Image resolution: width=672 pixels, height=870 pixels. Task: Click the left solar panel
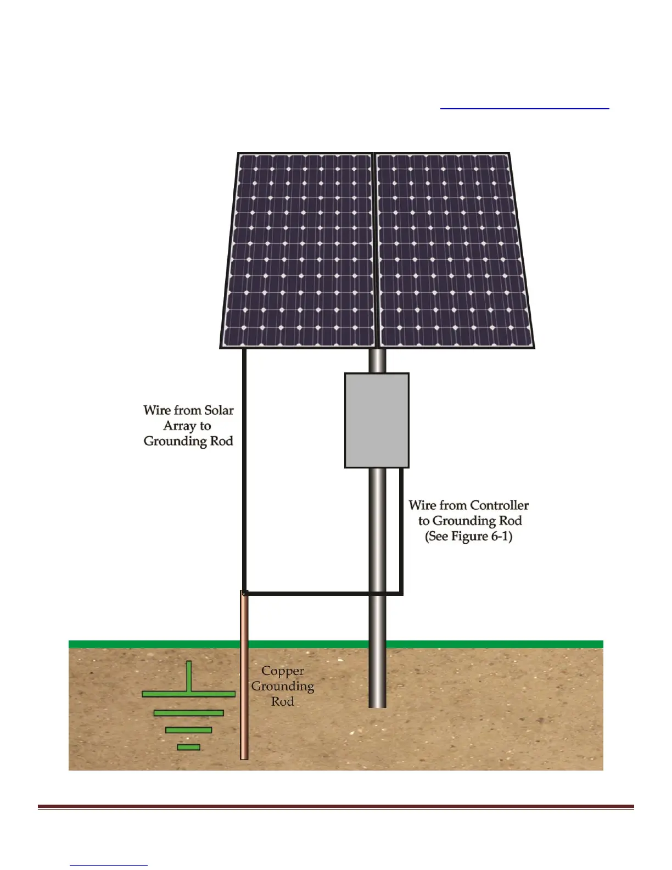coord(299,250)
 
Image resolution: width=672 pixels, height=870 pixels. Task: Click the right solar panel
coord(453,250)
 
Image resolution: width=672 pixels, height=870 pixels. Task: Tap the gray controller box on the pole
coord(377,420)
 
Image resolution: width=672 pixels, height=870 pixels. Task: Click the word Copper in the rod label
coord(282,671)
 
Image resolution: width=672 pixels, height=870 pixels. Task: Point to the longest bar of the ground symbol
coord(188,694)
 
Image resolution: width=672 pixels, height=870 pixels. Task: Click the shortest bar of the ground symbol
coord(188,747)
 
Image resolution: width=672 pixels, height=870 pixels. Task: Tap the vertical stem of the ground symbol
coord(189,676)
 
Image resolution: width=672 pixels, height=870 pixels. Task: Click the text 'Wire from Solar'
coord(188,410)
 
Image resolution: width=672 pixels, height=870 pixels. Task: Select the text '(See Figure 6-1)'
coord(468,537)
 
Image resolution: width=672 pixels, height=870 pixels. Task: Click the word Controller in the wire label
coord(499,505)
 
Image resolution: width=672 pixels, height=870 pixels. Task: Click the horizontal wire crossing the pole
coord(318,594)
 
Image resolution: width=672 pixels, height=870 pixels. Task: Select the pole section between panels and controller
coord(377,361)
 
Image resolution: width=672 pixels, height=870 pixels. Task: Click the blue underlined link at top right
coord(524,108)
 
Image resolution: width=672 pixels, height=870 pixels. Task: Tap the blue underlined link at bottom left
coord(109,865)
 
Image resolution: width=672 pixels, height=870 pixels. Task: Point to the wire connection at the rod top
coord(245,593)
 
